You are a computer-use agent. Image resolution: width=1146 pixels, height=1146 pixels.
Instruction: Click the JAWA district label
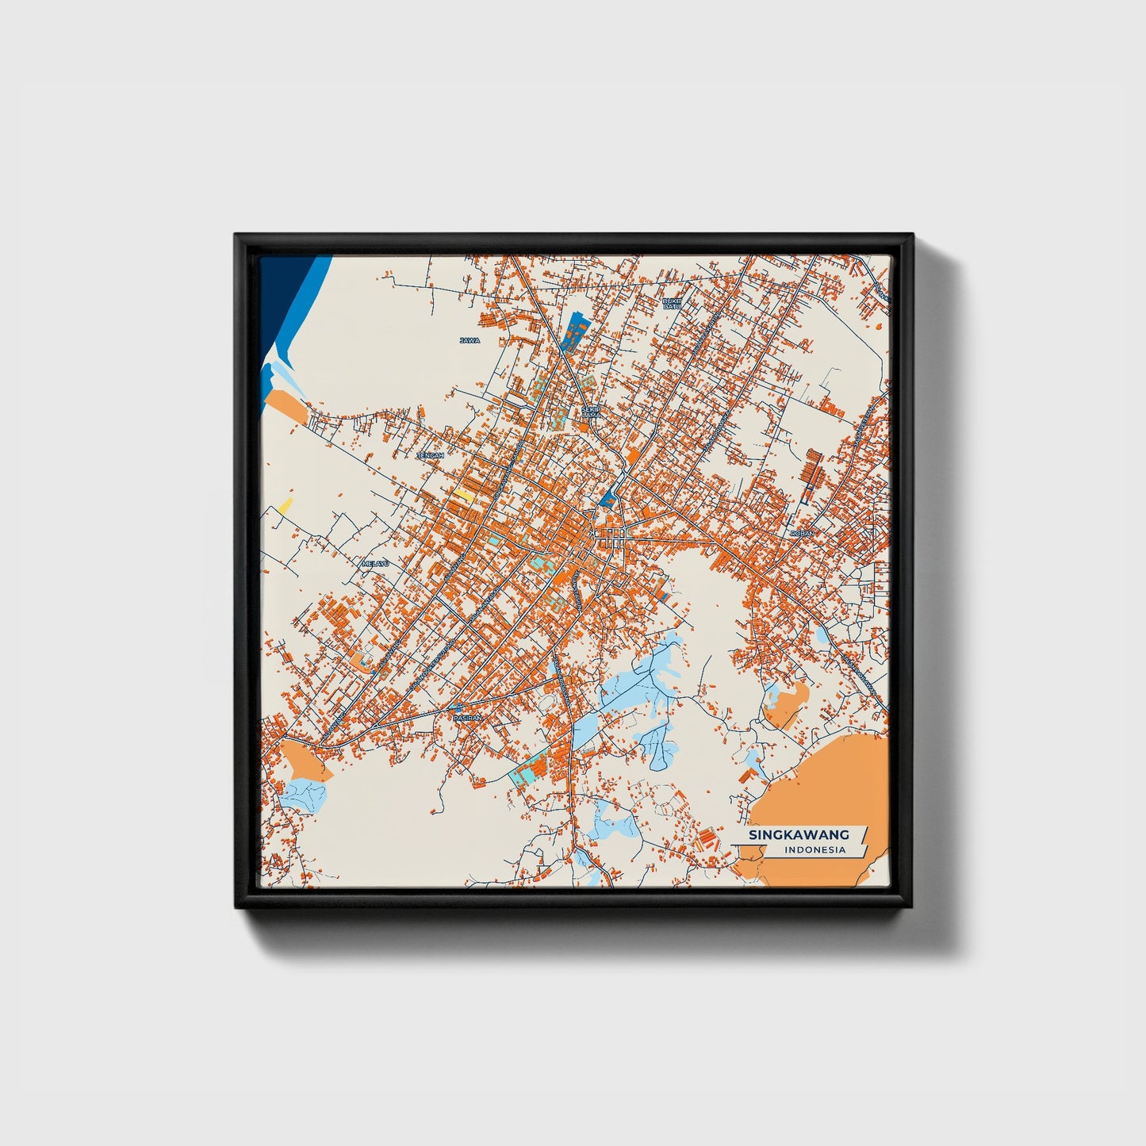click(470, 340)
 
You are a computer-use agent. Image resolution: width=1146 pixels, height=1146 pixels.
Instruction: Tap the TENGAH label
click(430, 456)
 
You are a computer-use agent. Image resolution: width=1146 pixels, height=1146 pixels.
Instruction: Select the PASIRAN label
click(466, 718)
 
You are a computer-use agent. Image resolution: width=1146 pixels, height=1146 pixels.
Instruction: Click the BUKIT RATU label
click(672, 304)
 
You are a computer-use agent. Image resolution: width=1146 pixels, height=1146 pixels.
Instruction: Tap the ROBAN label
click(802, 534)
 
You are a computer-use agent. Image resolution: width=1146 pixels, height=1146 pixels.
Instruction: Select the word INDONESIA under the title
click(814, 850)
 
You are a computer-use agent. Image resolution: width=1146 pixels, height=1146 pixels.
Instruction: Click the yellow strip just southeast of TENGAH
click(464, 496)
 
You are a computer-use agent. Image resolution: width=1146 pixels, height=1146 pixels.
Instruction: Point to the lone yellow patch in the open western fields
click(284, 505)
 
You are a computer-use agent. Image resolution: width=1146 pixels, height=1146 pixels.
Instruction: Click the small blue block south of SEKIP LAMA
click(608, 498)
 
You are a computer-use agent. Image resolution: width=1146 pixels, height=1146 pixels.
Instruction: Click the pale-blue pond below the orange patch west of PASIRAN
click(305, 795)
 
